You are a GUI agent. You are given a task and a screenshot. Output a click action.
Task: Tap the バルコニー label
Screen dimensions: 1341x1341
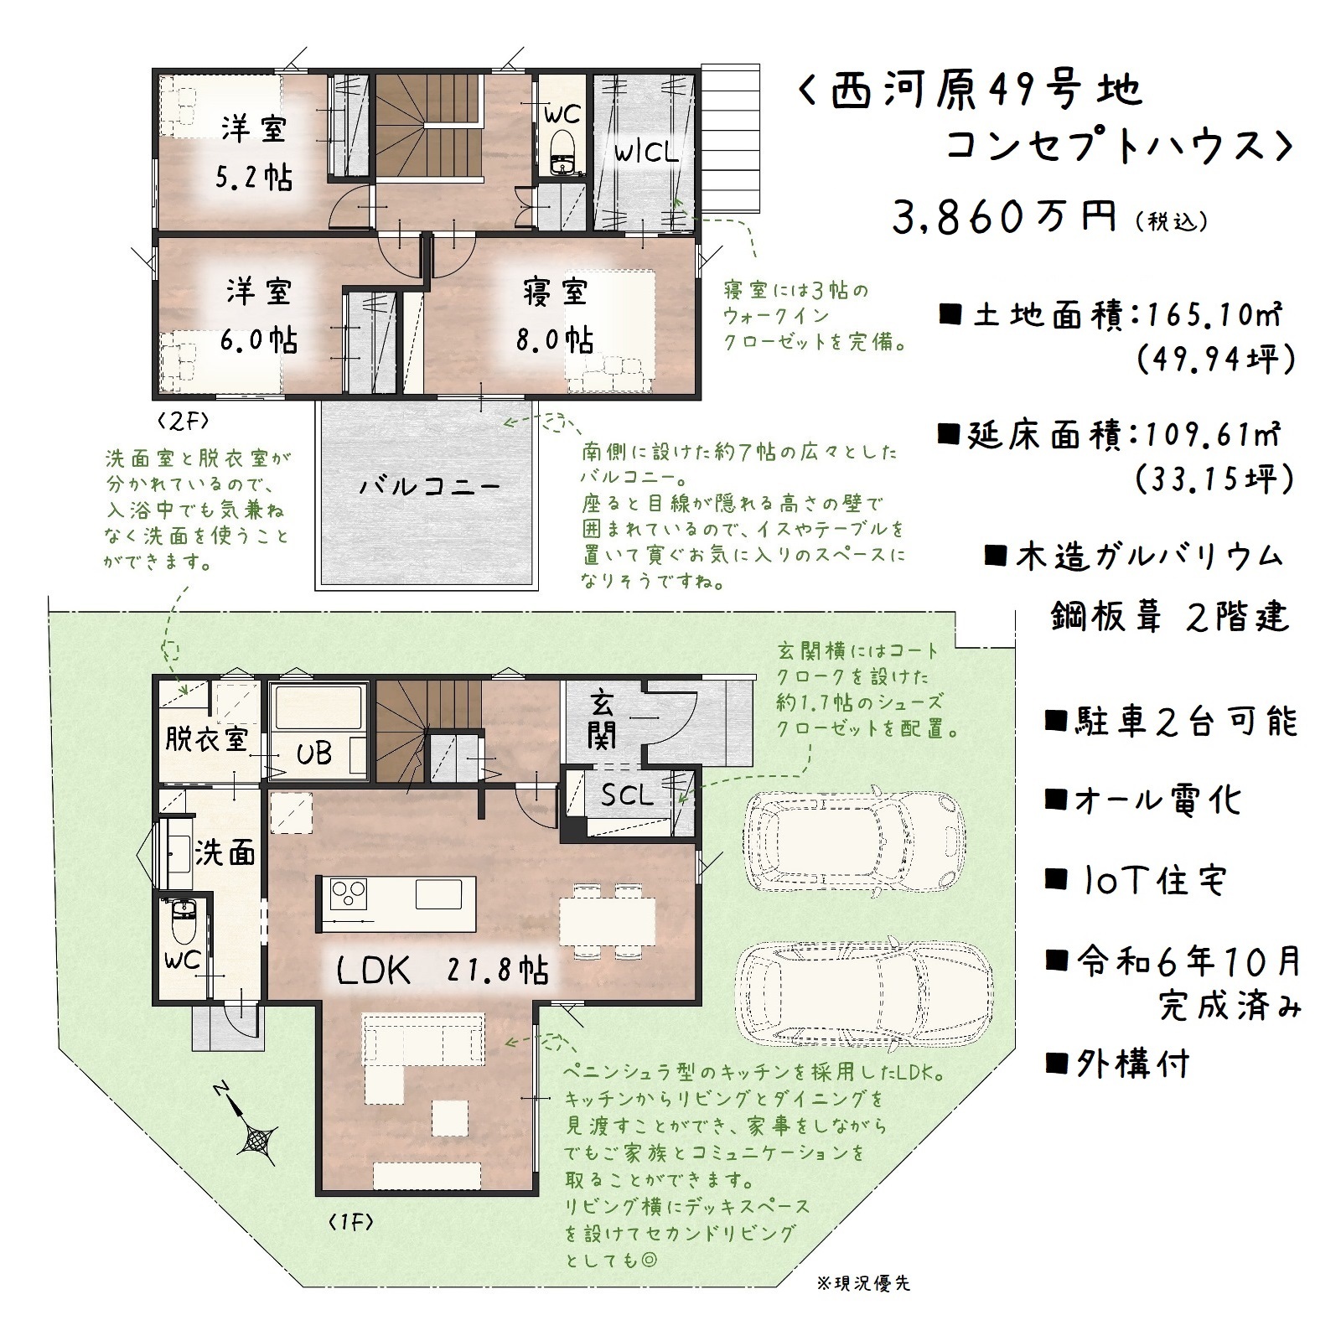[430, 487]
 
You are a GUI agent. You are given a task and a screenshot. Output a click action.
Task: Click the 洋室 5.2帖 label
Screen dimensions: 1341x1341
[254, 153]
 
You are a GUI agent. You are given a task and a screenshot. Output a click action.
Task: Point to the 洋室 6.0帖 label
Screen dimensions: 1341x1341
[259, 316]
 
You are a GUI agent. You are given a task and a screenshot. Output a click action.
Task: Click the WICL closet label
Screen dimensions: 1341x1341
[645, 153]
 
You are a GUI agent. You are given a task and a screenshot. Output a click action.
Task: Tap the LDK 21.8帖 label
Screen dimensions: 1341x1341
[443, 971]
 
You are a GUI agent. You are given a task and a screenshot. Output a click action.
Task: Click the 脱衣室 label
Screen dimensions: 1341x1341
[206, 739]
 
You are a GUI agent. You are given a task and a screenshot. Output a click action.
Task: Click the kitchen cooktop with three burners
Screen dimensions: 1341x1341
[348, 893]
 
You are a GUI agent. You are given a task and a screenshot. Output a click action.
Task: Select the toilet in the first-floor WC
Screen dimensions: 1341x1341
[182, 920]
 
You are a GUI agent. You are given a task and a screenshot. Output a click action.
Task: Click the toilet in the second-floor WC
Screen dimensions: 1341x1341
[561, 153]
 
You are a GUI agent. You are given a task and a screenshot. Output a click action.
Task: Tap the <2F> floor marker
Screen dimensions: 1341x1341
[181, 420]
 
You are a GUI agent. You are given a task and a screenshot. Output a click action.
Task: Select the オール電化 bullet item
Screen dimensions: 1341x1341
[1143, 800]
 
